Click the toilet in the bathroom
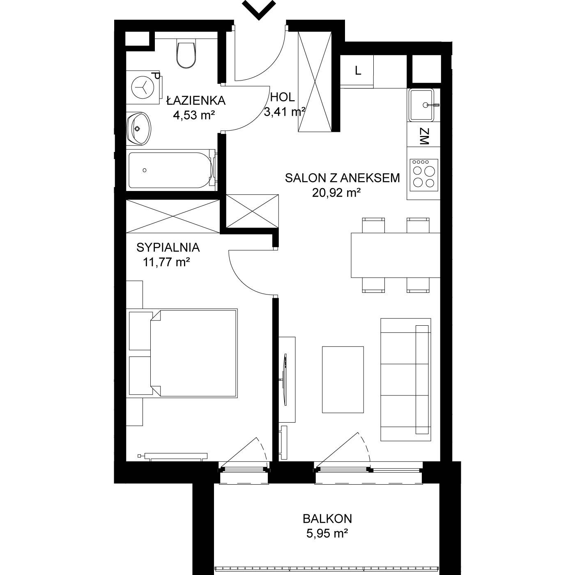click(186, 54)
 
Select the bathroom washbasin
click(138, 129)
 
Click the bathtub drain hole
click(145, 170)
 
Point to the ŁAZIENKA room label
click(196, 101)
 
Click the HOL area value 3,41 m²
click(284, 112)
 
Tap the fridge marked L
click(357, 71)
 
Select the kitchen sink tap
click(432, 105)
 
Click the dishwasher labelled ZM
click(423, 136)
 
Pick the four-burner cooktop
click(424, 175)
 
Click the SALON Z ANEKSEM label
click(342, 178)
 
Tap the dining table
click(396, 255)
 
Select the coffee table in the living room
click(343, 379)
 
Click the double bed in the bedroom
click(183, 353)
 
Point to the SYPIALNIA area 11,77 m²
click(166, 262)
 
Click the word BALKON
click(327, 519)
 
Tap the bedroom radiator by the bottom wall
click(173, 456)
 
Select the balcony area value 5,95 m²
click(327, 533)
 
